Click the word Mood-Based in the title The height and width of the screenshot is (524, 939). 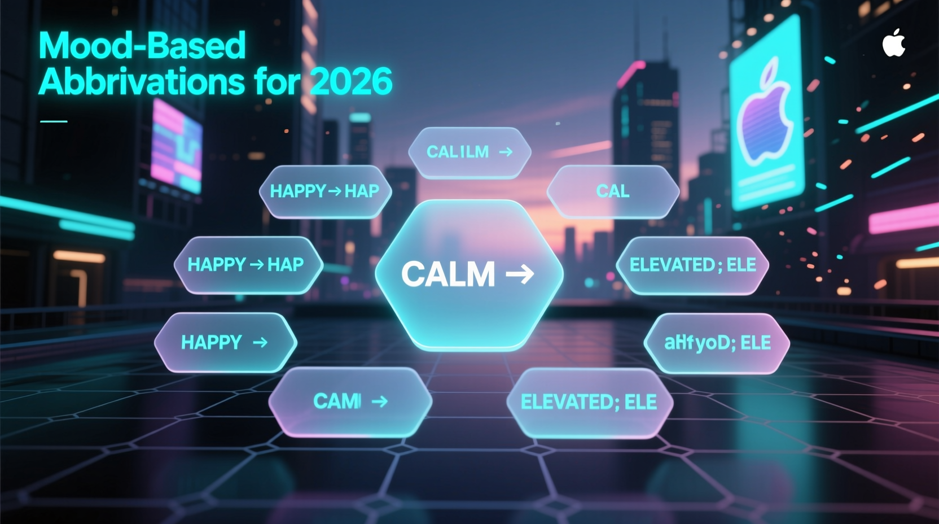pyautogui.click(x=142, y=46)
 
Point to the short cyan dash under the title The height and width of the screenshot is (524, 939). pyautogui.click(x=54, y=121)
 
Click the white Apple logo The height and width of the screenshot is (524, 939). pyautogui.click(x=893, y=43)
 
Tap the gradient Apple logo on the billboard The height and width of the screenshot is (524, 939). pyautogui.click(x=765, y=116)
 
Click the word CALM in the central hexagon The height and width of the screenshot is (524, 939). pyautogui.click(x=447, y=274)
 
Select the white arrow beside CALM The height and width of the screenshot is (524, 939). pyautogui.click(x=520, y=274)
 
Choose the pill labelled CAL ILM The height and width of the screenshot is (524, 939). pyautogui.click(x=469, y=152)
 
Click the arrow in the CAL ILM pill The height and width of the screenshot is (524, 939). pyautogui.click(x=506, y=152)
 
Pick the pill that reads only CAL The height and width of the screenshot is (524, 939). pyautogui.click(x=613, y=191)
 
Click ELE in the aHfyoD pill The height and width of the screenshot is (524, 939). pyautogui.click(x=755, y=343)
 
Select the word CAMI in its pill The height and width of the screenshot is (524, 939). pyautogui.click(x=337, y=401)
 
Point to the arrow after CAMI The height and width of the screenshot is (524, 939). pyautogui.click(x=380, y=401)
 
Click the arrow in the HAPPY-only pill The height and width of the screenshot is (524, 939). pyautogui.click(x=260, y=342)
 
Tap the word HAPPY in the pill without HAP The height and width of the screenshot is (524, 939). pyautogui.click(x=211, y=342)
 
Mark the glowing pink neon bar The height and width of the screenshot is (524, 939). pyautogui.click(x=903, y=220)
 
